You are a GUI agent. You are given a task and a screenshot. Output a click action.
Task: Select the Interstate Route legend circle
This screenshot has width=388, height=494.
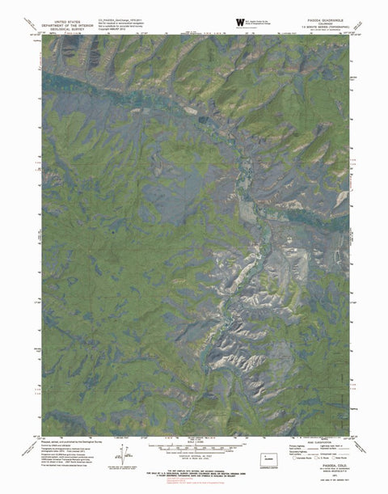click(295, 458)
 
